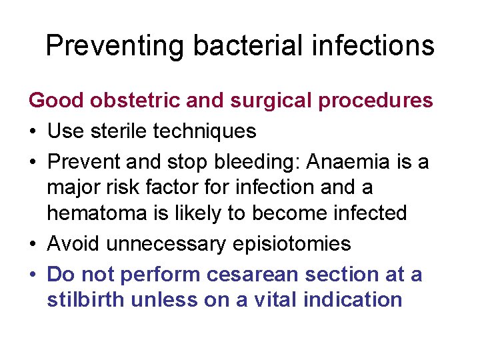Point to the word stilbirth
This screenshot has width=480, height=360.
pos(86,299)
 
